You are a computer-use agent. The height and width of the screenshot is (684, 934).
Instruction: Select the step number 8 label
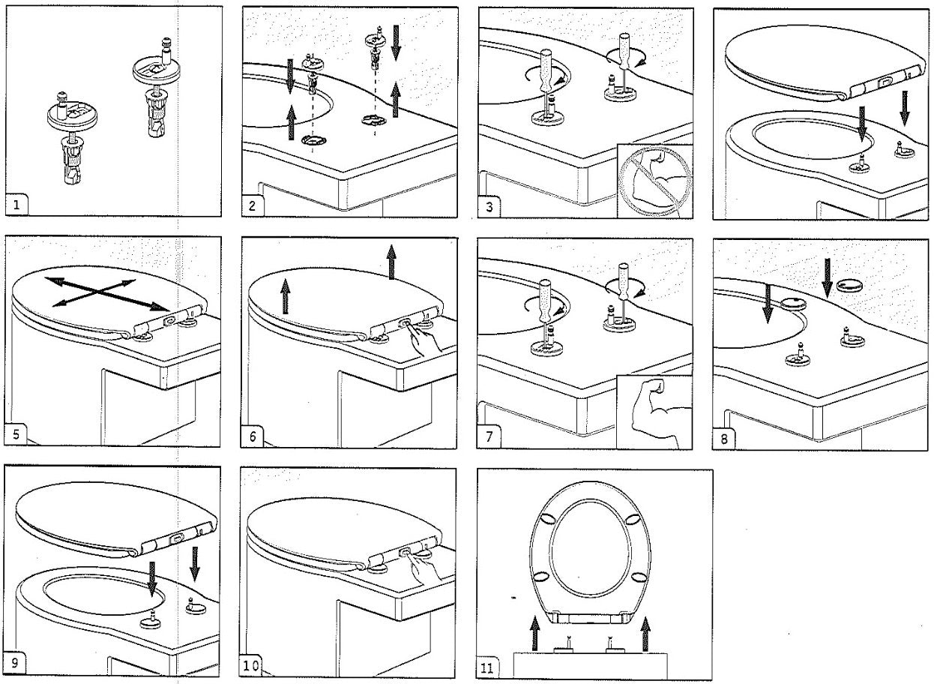724,438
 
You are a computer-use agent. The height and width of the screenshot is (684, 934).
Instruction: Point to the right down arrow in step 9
196,562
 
